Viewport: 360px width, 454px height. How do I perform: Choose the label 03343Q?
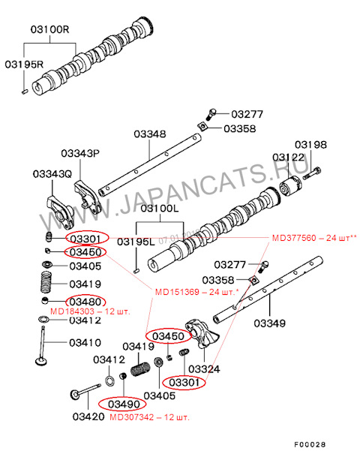pos(52,174)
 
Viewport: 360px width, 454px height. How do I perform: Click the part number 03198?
pos(310,144)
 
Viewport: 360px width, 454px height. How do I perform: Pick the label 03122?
pos(289,158)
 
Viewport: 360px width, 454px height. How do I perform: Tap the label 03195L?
pos(135,241)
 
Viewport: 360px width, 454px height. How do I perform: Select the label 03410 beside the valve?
pos(85,342)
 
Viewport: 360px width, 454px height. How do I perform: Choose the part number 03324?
pos(203,369)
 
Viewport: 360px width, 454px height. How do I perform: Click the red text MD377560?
pos(295,238)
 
